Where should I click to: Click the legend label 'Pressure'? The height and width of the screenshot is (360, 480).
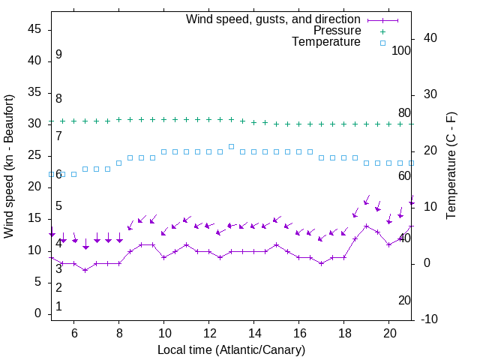(337, 31)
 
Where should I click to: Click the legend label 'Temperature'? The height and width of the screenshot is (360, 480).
(326, 42)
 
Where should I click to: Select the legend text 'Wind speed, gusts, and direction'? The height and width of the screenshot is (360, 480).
(274, 19)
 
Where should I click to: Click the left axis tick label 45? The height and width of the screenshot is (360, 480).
(35, 28)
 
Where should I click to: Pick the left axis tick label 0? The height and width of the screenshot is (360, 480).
(39, 313)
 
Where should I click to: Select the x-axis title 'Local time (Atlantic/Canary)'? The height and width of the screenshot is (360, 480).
(232, 349)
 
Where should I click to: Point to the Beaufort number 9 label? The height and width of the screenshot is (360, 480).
(58, 55)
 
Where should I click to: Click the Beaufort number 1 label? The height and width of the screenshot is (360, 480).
(58, 307)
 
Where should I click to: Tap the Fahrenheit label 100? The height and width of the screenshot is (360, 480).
(401, 50)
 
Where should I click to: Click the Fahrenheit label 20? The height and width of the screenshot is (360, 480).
(404, 300)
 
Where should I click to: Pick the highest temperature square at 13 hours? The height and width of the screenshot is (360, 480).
(232, 146)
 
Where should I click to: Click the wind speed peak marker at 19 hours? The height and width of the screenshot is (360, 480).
(367, 226)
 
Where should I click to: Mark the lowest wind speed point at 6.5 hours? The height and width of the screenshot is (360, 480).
(85, 270)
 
